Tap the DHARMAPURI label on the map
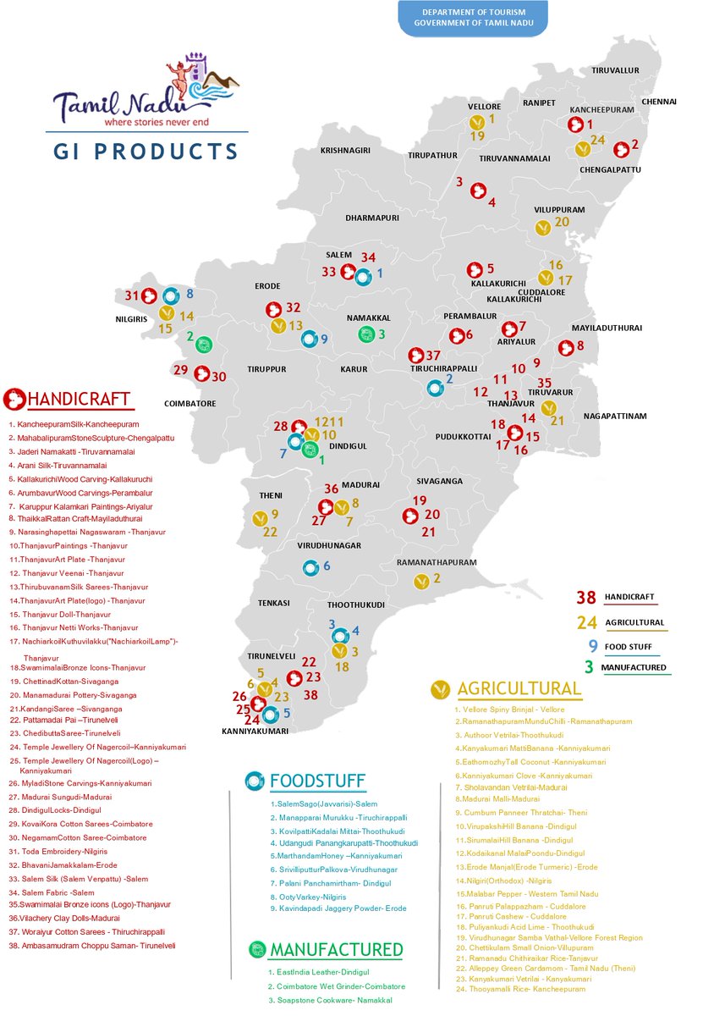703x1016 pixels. tap(371, 218)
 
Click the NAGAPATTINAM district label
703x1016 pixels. tap(615, 416)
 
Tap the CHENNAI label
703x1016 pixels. tap(659, 101)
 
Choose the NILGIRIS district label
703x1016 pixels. tap(132, 321)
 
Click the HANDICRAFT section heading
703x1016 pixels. tap(79, 399)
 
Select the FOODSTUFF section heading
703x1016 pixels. tap(317, 780)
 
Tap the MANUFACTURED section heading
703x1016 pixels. tap(336, 949)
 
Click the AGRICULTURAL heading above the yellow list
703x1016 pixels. tap(519, 688)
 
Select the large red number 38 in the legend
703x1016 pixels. tap(586, 598)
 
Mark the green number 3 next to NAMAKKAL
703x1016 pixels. tap(382, 334)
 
